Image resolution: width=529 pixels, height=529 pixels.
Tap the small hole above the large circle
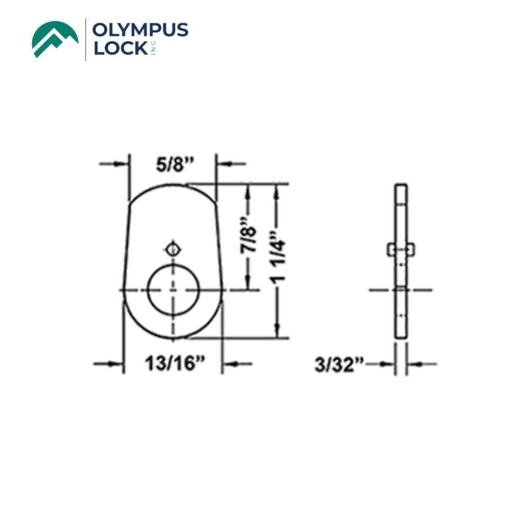pos(172,248)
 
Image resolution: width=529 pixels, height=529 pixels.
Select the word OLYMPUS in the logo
pos(140,30)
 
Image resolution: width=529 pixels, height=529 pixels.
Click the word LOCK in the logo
pos(120,49)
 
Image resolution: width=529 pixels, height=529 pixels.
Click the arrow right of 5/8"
pos(231,164)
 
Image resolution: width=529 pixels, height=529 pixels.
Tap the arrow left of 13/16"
pos(109,363)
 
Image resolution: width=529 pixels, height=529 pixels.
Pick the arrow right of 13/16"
pos(237,363)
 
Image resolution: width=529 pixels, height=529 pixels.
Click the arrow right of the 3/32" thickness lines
pos(421,364)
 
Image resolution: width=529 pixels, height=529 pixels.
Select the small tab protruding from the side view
pos(401,248)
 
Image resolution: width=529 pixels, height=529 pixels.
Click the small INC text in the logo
pos(154,49)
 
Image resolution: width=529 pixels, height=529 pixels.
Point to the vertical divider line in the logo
pos(86,39)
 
